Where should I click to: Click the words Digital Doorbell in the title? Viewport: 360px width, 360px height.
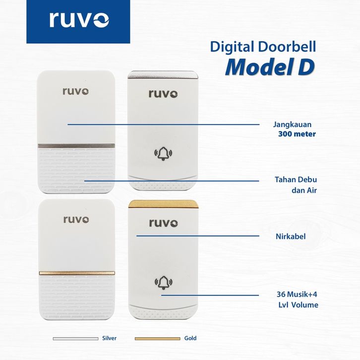263,47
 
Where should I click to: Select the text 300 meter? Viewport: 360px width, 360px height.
297,134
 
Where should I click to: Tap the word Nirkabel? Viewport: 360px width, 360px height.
290,237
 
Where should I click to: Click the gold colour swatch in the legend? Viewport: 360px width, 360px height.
157,339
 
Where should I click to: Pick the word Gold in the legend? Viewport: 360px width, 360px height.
190,339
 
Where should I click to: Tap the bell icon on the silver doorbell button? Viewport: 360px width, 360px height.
164,154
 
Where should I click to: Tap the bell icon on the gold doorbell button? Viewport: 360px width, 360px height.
164,283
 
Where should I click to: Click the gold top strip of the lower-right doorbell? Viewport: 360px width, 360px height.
163,204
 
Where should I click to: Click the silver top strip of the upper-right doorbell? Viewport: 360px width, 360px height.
163,75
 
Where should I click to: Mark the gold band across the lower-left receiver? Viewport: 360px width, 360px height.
76,273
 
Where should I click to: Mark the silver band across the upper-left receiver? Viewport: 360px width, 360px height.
76,146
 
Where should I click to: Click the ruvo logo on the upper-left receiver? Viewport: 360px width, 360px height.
76,91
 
